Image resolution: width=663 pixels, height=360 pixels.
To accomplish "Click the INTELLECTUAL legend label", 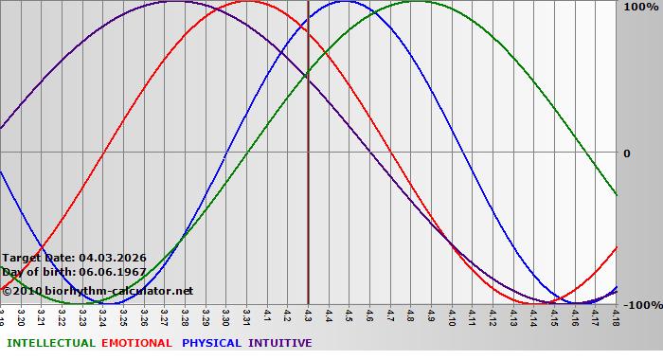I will click(49, 343).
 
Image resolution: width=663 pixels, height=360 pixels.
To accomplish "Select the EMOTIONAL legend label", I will click(136, 343).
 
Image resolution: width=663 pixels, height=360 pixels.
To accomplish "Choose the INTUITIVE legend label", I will click(280, 343).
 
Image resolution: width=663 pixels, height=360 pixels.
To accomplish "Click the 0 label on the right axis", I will click(626, 153).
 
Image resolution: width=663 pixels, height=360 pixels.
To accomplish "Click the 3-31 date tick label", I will click(246, 315).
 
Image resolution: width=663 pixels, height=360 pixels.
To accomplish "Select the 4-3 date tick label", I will click(308, 315).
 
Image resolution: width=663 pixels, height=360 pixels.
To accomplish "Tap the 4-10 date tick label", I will click(452, 315).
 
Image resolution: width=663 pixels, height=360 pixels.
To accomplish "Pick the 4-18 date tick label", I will click(616, 315).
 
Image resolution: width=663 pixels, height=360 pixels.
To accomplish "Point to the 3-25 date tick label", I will click(123, 315).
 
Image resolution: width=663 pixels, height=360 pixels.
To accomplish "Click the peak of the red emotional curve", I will click(246, 2).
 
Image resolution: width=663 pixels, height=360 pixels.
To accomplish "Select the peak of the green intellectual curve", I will click(418, 2).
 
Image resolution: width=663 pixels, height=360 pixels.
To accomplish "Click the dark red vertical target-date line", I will click(308, 189).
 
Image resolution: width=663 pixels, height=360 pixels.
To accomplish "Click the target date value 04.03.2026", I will click(113, 258).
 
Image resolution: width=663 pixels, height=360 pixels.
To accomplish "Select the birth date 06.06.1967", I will click(114, 272).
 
